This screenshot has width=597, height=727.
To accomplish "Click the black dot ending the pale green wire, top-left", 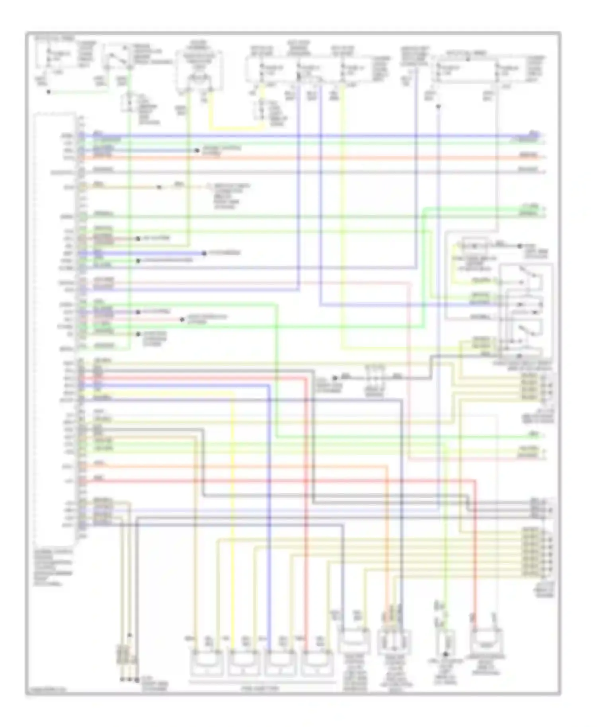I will coord(49,92).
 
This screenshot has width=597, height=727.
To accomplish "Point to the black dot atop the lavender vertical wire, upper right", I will coord(438,107).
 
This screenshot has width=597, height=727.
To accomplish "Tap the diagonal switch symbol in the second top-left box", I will coord(119,57).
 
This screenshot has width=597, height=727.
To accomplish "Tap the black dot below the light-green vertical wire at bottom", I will coord(445,654).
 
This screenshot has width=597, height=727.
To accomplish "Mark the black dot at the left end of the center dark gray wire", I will coord(335,378).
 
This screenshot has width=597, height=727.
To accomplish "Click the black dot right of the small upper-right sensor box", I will coord(519,246).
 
